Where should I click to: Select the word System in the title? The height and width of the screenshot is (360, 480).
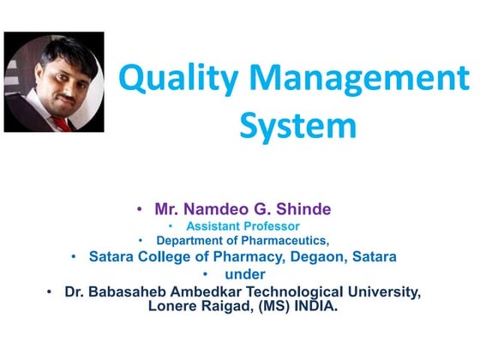[297, 127]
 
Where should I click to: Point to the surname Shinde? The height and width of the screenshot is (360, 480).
[301, 208]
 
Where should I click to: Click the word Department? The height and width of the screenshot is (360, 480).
[195, 241]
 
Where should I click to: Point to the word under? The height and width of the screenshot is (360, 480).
[245, 274]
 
